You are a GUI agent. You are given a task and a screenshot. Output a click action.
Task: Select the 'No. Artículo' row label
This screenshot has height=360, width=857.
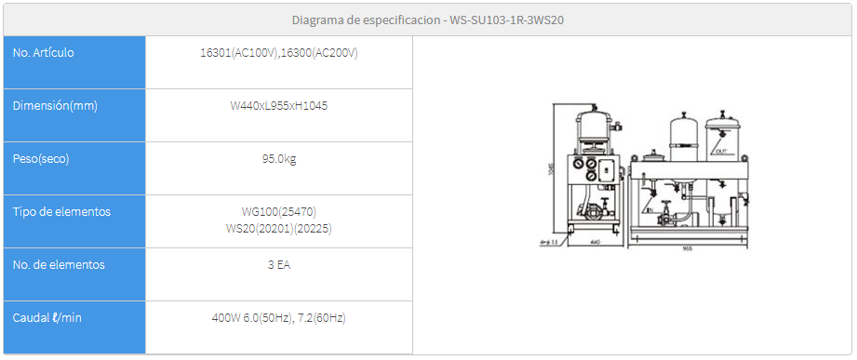(44, 53)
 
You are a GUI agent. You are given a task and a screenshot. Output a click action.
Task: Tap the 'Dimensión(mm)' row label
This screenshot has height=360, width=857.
(55, 106)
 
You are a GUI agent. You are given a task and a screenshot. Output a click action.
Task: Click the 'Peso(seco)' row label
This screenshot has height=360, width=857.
(41, 159)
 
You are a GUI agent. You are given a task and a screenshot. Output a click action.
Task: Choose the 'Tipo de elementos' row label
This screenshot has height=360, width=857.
(61, 212)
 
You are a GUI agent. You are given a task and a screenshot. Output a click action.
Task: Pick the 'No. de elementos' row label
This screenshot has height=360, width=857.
(59, 265)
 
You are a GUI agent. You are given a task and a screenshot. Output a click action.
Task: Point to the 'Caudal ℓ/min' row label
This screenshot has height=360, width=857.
(47, 318)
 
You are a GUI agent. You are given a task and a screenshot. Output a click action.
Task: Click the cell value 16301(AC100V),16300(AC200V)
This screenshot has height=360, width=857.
(279, 53)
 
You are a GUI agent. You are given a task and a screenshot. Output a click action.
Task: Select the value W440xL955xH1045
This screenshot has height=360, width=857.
(279, 106)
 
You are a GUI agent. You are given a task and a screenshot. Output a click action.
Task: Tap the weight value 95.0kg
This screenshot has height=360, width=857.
(279, 159)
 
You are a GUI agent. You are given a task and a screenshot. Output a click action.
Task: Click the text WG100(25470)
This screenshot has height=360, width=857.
(279, 212)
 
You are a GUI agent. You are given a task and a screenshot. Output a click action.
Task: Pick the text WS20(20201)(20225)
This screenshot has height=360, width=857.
(279, 228)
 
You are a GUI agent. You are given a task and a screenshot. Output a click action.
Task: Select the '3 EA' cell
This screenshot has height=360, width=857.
(279, 265)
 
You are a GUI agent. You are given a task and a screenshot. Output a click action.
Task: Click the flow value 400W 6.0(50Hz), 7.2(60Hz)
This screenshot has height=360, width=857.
(279, 318)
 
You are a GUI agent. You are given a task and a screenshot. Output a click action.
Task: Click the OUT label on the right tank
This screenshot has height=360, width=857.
(719, 150)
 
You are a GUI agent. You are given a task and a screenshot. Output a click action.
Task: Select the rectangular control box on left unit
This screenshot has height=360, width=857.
(604, 170)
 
